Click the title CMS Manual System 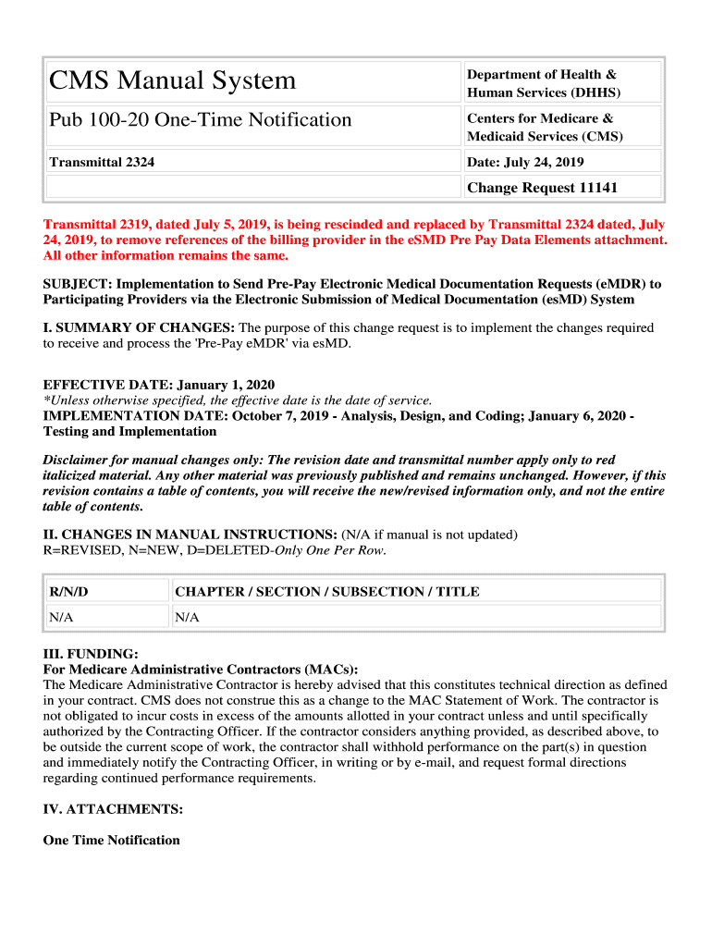(173, 81)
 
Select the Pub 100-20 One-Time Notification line (201, 120)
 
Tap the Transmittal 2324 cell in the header (102, 162)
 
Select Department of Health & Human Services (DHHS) (543, 83)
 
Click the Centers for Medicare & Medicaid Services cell (545, 127)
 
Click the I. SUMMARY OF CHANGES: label (140, 327)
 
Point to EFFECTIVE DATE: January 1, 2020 (159, 385)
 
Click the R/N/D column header (68, 592)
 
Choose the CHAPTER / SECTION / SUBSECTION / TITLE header (327, 592)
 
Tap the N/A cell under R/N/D (61, 617)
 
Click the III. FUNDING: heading (91, 654)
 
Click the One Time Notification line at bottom (112, 840)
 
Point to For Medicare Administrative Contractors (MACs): (201, 669)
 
